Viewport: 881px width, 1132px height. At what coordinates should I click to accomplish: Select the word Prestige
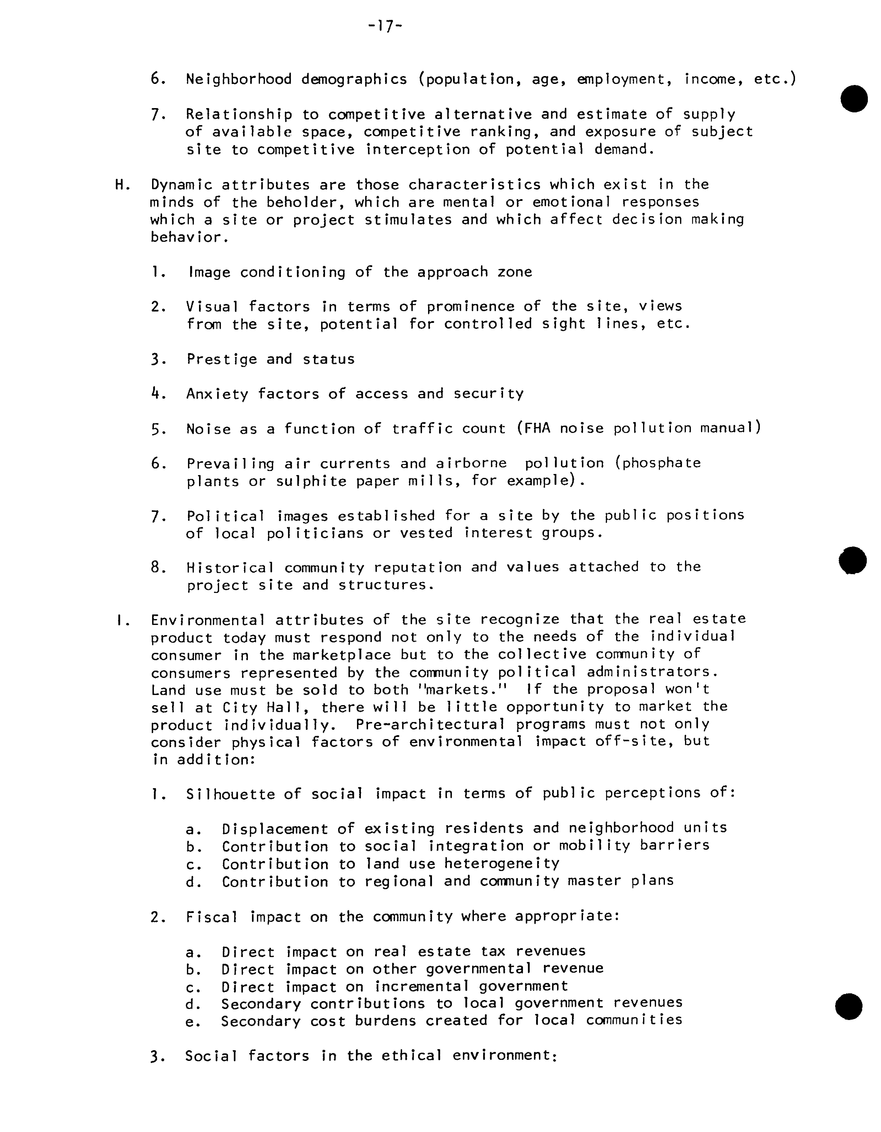point(222,359)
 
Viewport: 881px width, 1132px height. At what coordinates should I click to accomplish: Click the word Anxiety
point(217,394)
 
